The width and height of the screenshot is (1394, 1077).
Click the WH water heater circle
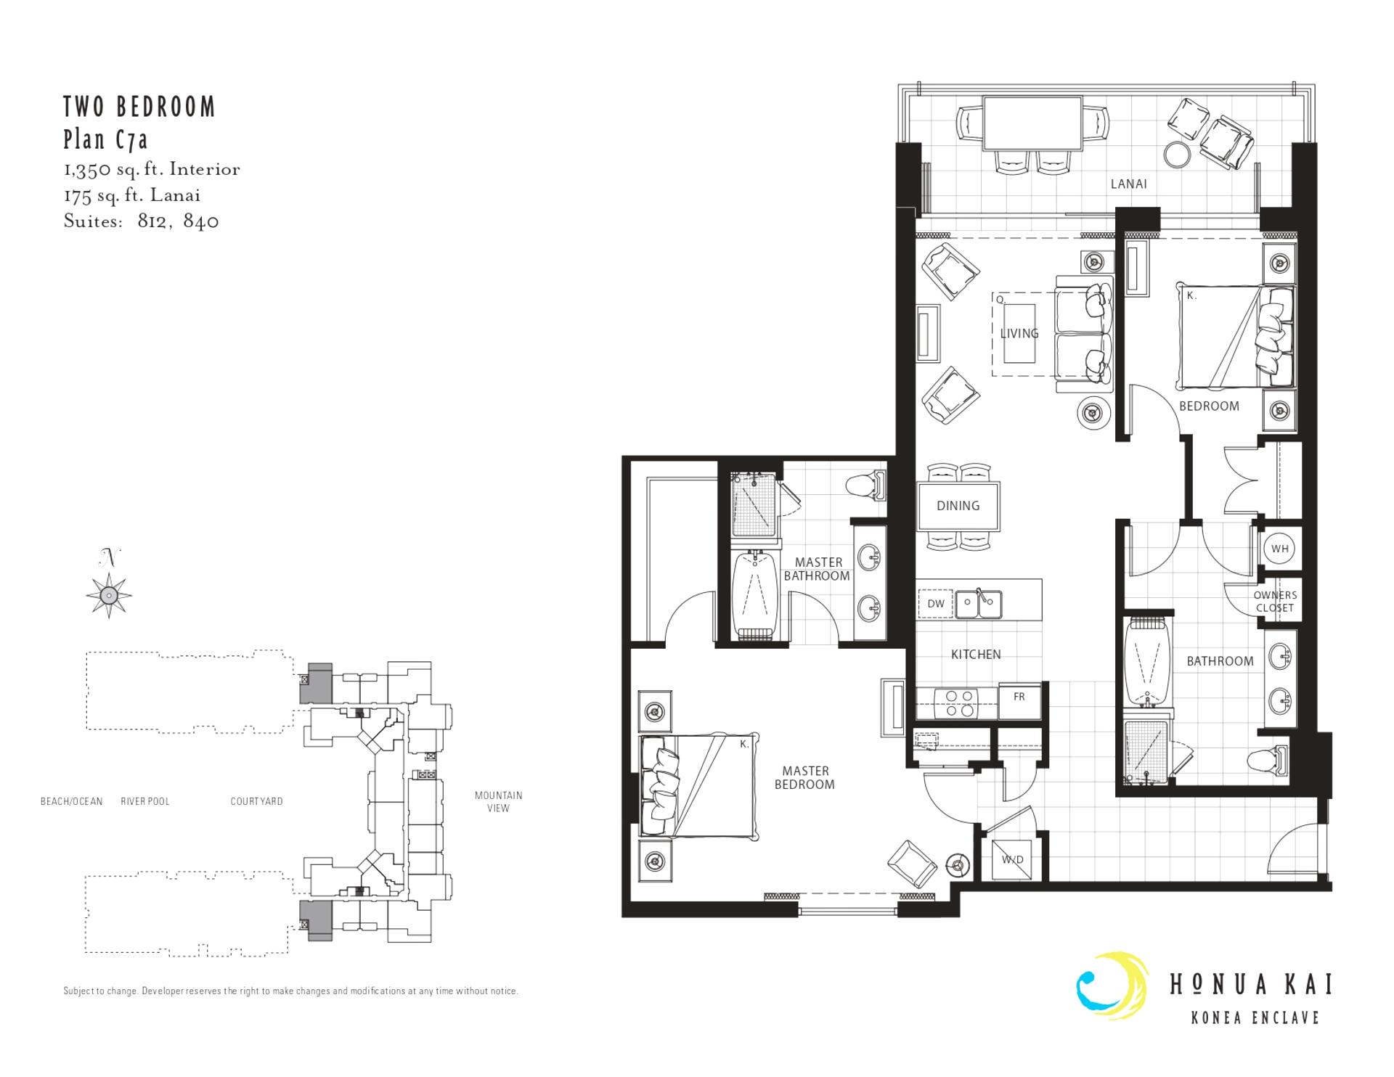click(x=1280, y=549)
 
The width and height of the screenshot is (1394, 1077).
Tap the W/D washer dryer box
click(x=1012, y=859)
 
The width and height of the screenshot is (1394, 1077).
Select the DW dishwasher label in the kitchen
click(x=936, y=604)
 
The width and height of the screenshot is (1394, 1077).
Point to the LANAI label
click(x=1129, y=184)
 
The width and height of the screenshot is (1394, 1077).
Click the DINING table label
click(x=958, y=506)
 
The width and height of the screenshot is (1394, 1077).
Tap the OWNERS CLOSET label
click(x=1275, y=602)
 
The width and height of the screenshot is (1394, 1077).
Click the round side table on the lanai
click(x=1177, y=153)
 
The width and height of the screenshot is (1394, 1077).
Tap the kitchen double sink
click(x=979, y=604)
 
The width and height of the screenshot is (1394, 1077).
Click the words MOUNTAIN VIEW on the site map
click(x=498, y=801)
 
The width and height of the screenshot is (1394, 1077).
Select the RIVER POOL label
click(x=145, y=801)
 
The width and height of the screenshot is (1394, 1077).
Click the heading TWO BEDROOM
click(x=139, y=107)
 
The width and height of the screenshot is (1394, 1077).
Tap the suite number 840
click(x=201, y=221)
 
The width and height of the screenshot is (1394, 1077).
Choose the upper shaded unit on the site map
click(x=317, y=682)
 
